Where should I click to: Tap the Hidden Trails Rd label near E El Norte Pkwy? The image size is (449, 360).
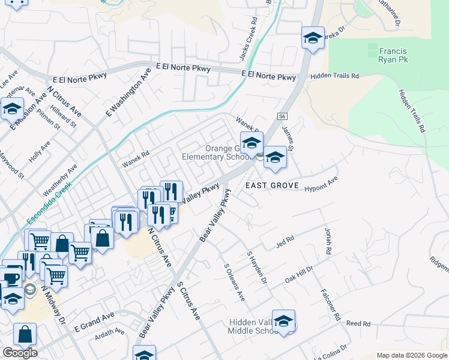[334, 77]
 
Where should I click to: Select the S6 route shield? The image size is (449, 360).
[283, 116]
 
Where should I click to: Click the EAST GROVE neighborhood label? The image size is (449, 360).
[272, 186]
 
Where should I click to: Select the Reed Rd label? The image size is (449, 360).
[358, 324]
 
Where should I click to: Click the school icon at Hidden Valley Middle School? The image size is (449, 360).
[283, 322]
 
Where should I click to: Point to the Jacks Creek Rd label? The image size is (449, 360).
[248, 38]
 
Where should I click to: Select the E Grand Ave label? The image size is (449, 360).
[94, 323]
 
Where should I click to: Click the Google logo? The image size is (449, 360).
[20, 353]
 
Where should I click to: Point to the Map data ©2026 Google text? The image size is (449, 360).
[412, 355]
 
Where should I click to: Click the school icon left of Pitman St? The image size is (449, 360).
[11, 109]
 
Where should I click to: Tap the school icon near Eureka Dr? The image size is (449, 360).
[312, 38]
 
